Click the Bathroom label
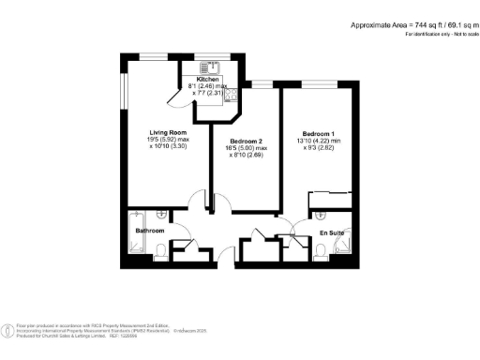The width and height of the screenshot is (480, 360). point(149,230)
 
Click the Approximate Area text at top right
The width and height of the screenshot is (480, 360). point(412,25)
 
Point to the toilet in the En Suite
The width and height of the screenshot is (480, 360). point(322,250)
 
